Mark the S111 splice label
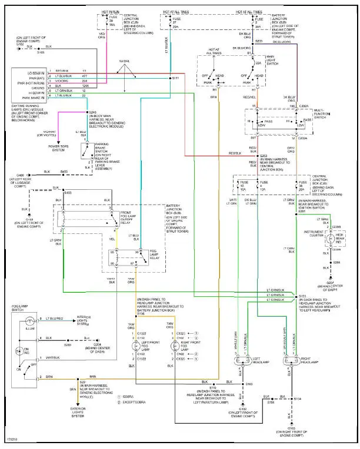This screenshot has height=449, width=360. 175,78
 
